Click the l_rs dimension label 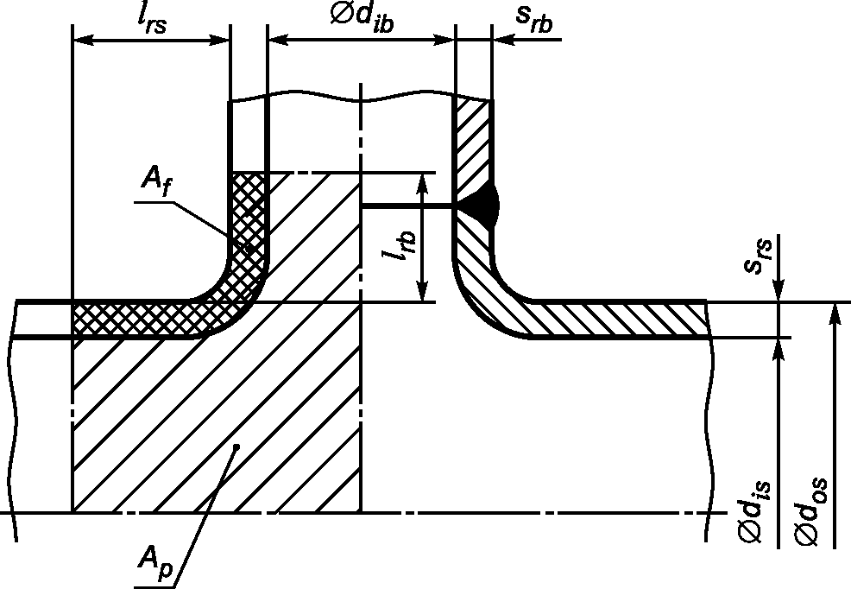(x=151, y=20)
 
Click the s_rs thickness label (x=758, y=255)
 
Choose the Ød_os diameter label (x=810, y=510)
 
